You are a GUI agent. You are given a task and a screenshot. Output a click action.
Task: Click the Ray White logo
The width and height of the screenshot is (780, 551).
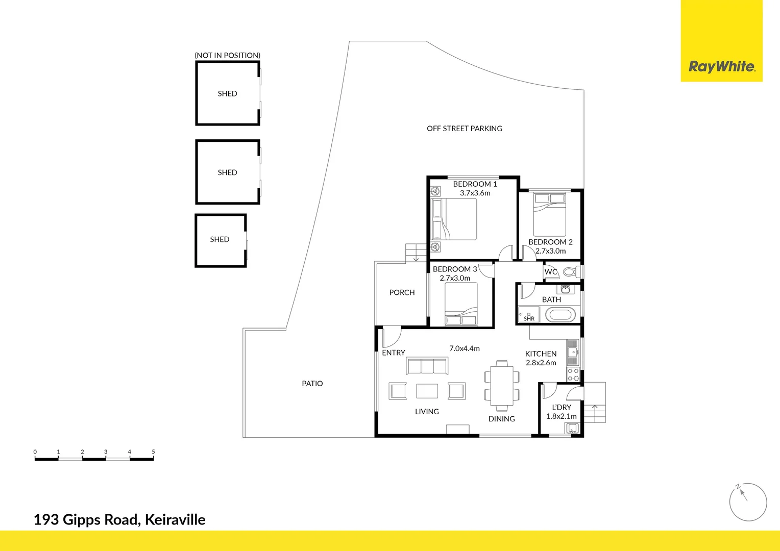click(721, 66)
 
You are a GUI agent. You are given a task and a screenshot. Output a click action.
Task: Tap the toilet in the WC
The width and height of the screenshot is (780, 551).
click(570, 271)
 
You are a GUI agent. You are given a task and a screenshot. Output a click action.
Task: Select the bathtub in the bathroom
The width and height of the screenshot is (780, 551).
click(560, 315)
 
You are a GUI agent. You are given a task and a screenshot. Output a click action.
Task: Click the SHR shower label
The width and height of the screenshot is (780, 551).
click(529, 318)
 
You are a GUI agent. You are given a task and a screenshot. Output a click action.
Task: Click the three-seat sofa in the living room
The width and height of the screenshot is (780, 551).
click(427, 366)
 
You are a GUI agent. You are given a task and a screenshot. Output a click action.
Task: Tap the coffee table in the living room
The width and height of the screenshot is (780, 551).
click(427, 391)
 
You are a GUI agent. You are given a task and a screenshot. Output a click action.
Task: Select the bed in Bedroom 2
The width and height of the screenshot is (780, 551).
click(549, 214)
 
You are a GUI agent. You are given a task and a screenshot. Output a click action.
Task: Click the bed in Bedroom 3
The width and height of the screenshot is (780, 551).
click(461, 304)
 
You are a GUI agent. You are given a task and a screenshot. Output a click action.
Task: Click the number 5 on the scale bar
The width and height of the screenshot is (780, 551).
click(153, 452)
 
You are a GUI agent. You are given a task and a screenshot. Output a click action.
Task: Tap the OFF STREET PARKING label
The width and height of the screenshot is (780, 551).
click(465, 129)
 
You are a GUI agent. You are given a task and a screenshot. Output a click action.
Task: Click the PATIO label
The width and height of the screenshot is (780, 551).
click(312, 384)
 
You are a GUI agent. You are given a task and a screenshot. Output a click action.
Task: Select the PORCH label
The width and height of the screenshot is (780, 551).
click(402, 292)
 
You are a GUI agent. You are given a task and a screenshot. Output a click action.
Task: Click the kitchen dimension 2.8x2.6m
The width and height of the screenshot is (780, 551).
click(541, 363)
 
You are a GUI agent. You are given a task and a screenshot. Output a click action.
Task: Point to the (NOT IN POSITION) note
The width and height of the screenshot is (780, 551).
click(228, 55)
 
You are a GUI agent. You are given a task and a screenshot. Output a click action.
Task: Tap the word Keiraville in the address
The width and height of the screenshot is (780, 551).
click(175, 520)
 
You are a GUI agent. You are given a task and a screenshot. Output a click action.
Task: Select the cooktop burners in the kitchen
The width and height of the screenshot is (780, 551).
click(573, 375)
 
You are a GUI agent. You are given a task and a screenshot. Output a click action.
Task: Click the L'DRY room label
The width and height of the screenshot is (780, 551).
click(562, 407)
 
